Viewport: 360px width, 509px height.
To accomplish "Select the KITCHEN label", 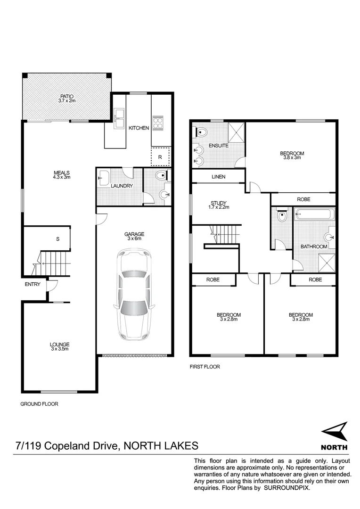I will tap(139, 128).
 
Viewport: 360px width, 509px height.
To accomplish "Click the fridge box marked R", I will tap(160, 157).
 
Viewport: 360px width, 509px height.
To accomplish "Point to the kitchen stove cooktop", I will tap(157, 122).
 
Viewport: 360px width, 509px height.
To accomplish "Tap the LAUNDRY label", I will tap(122, 186).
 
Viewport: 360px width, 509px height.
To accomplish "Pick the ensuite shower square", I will tap(235, 132).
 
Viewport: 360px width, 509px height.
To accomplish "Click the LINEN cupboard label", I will tap(218, 177).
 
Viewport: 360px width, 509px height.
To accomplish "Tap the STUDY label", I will tap(218, 204).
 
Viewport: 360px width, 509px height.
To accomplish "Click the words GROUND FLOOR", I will tap(39, 404).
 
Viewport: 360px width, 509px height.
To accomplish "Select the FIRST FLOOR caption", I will tap(205, 366).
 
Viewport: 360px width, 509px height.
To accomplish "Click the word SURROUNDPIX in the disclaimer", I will tap(286, 489).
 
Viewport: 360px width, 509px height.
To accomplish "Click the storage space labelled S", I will tap(57, 239).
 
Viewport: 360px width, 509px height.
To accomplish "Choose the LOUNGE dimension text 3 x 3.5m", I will tap(60, 349).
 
